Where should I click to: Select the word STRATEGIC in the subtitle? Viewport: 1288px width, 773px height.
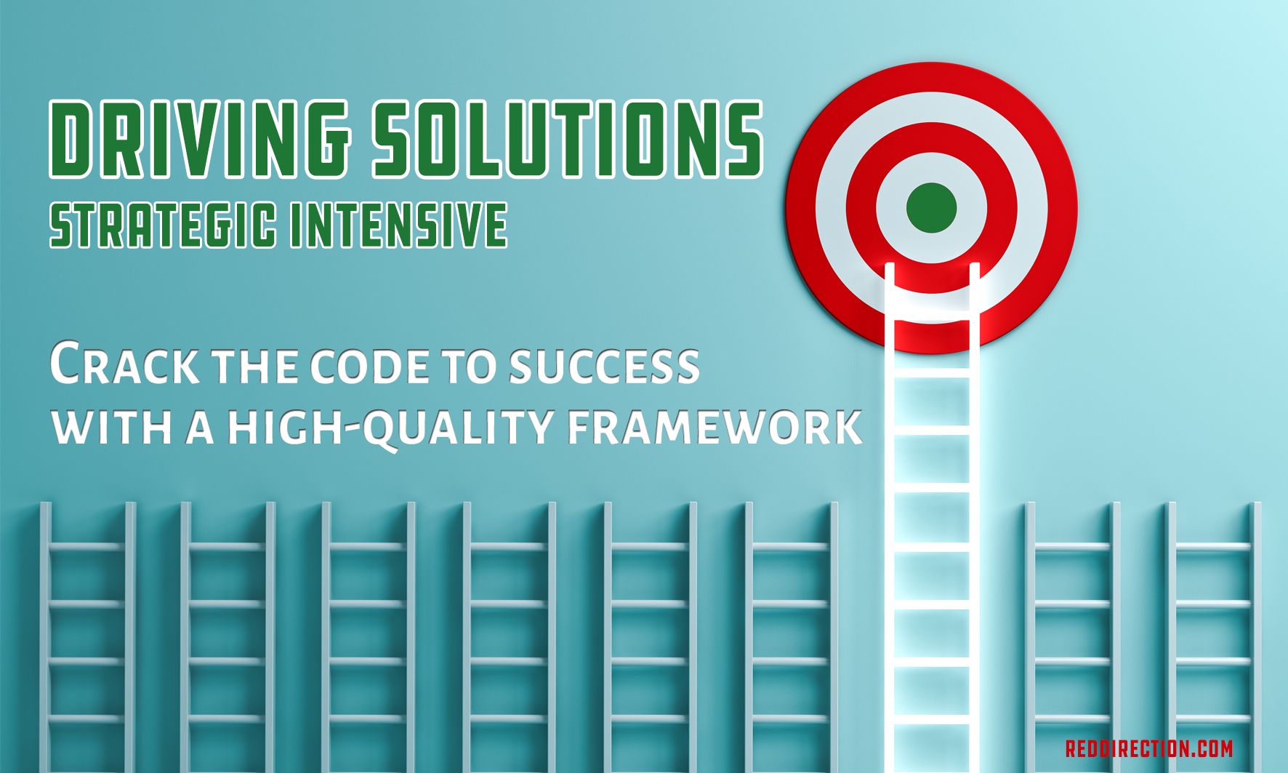(163, 225)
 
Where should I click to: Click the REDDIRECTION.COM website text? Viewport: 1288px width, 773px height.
(1149, 748)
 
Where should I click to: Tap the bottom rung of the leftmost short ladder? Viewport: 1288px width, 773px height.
(87, 719)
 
